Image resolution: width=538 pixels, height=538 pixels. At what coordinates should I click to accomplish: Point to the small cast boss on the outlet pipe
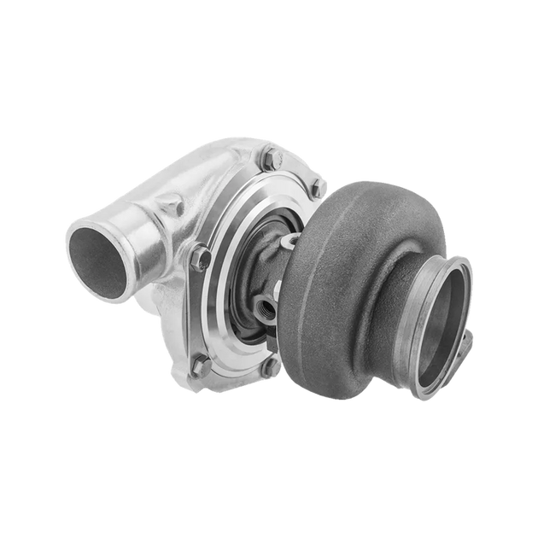(173, 205)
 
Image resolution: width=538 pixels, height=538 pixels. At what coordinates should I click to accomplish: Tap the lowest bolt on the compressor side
(202, 365)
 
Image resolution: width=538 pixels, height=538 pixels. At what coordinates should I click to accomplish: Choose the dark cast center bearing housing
(278, 273)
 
